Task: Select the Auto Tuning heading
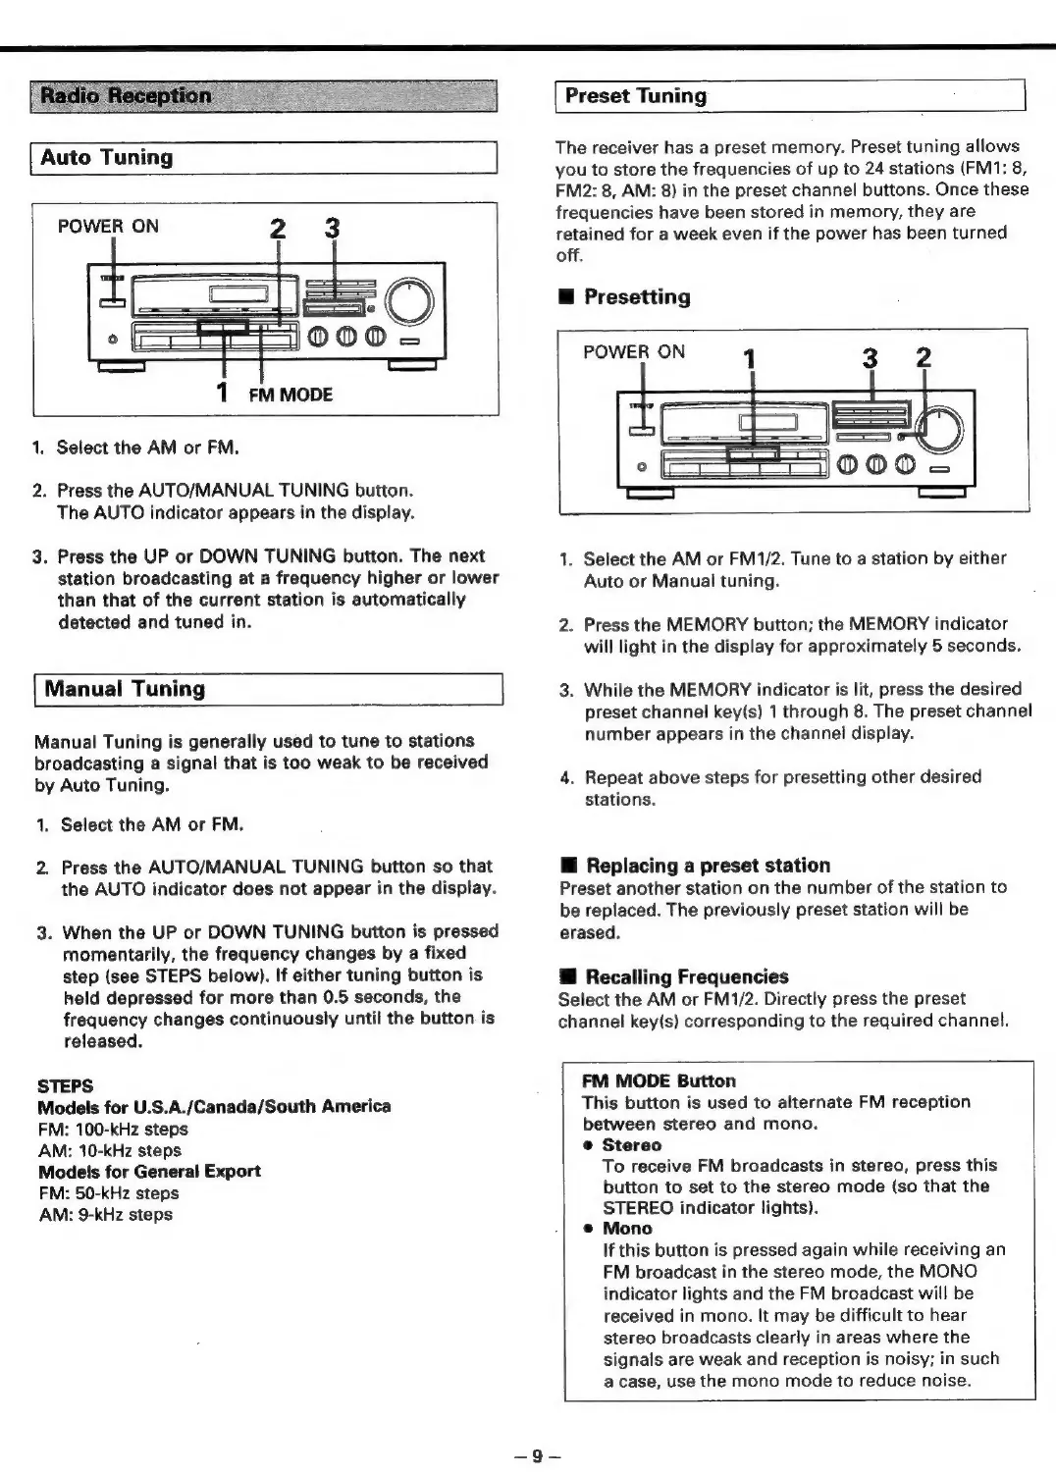[107, 158]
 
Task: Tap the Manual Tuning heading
[124, 689]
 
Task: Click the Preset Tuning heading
[636, 96]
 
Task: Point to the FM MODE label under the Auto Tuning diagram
[290, 395]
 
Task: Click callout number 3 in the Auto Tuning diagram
[333, 229]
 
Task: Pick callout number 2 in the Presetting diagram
[923, 357]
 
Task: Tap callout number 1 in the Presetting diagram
[750, 359]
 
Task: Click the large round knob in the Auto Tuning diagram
[409, 301]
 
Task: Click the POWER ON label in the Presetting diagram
[634, 352]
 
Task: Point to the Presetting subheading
[637, 297]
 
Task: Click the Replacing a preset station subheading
[708, 866]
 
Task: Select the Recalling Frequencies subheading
[687, 976]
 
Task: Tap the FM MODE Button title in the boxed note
[659, 1080]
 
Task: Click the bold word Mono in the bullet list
[627, 1228]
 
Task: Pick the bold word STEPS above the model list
[65, 1085]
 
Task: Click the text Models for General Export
[149, 1172]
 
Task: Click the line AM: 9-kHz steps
[105, 1214]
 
